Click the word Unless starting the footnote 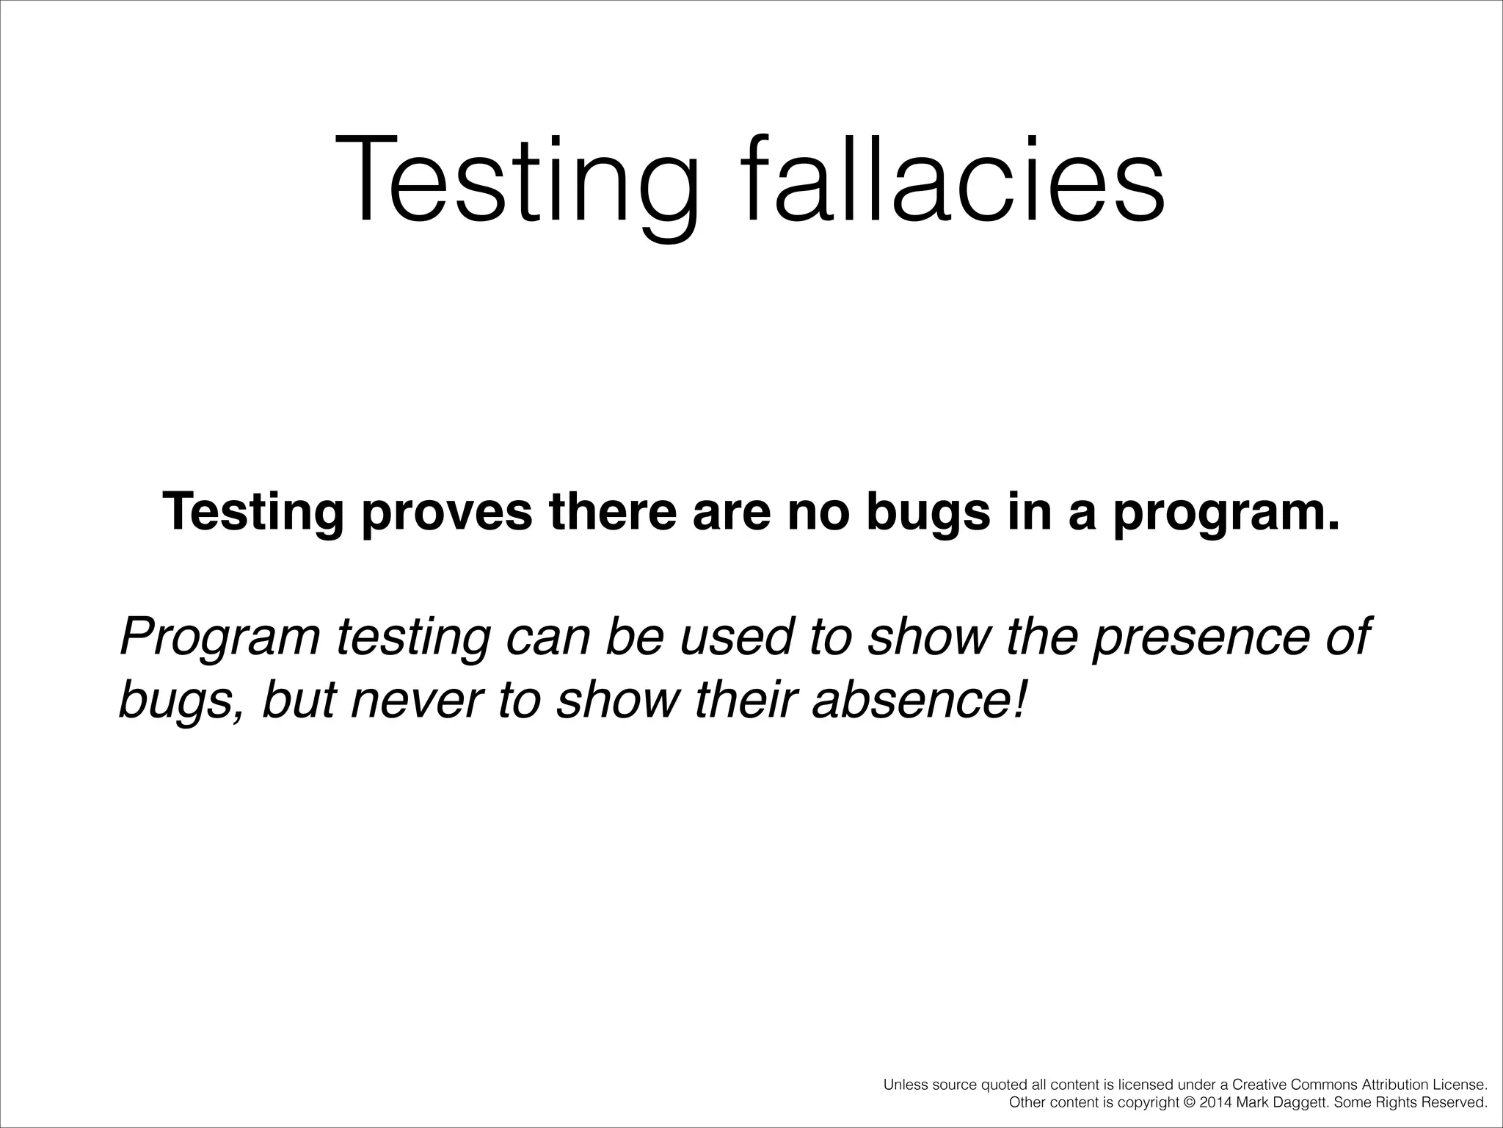point(903,1085)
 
